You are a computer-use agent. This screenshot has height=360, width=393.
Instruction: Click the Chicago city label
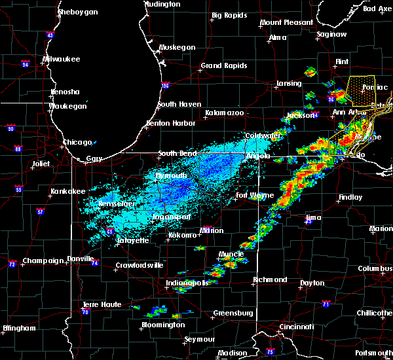point(77,142)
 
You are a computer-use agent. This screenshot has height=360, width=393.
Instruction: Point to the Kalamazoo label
point(224,113)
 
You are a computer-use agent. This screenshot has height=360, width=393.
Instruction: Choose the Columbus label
point(375,268)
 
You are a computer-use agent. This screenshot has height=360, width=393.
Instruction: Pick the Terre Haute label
point(102,305)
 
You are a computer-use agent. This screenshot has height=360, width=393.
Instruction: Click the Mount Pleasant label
point(286,22)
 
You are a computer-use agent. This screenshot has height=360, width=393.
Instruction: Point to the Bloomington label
point(163,325)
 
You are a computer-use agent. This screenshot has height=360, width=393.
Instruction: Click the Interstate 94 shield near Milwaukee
point(26,64)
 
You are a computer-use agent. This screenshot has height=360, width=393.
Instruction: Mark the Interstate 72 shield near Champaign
point(12,264)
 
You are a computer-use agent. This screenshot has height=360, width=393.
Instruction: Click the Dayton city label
point(310,283)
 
